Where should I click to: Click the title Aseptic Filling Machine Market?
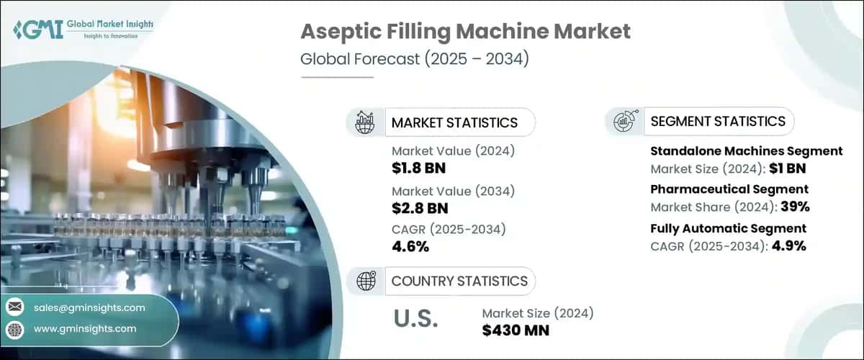(x=466, y=31)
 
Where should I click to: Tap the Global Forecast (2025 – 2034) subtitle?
(x=415, y=59)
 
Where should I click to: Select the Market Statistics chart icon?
(x=365, y=122)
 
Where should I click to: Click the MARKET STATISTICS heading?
(x=454, y=122)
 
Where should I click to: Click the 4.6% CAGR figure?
(x=410, y=247)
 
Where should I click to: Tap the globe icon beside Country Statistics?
(x=365, y=281)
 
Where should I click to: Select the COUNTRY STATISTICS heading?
(x=459, y=281)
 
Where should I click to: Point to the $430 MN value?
(x=516, y=330)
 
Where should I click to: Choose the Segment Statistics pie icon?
(x=624, y=122)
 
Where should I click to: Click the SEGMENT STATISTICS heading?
(x=718, y=122)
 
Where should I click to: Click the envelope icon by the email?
(x=14, y=307)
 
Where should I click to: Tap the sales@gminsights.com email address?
(x=89, y=307)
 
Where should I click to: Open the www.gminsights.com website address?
(x=84, y=328)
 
